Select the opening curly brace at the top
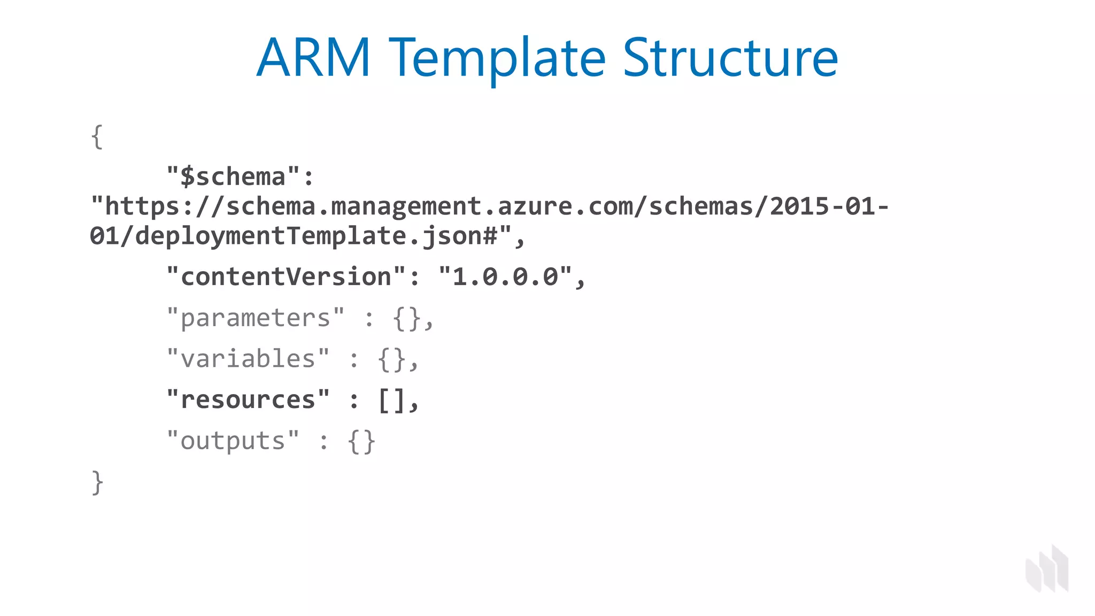(97, 137)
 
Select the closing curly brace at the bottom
(97, 482)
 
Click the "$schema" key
(234, 177)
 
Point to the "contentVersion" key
(287, 277)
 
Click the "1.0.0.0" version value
(505, 277)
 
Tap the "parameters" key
(256, 318)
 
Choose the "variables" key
(248, 359)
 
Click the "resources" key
(248, 400)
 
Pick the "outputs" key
(233, 441)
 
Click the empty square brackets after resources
(391, 401)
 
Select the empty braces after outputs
(361, 442)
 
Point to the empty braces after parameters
(407, 319)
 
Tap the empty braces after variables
(392, 359)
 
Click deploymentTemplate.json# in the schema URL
(316, 236)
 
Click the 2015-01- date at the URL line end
(829, 207)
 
